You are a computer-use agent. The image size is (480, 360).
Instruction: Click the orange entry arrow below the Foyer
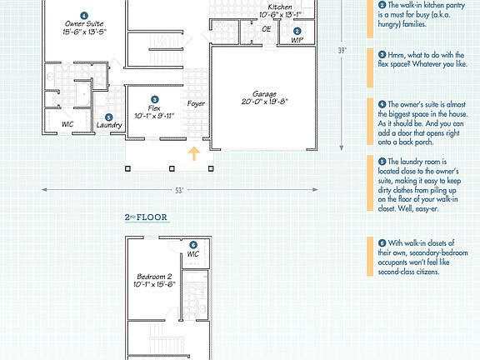(194, 152)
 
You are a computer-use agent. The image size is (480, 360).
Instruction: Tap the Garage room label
(264, 94)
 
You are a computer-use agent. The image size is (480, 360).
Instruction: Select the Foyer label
(196, 104)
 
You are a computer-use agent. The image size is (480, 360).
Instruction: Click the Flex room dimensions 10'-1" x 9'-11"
(153, 116)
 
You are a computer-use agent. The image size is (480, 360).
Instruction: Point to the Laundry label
(109, 125)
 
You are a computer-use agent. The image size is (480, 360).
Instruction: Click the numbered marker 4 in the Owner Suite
(83, 16)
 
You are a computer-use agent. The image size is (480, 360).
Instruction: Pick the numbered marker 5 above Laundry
(108, 117)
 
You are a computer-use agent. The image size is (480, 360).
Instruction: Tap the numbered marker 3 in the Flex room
(153, 98)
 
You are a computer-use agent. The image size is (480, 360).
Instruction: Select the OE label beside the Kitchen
(267, 29)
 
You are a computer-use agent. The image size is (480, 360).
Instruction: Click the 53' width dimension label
(179, 191)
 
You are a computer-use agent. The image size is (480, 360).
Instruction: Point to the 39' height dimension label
(342, 50)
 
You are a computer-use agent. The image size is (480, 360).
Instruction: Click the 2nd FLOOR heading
(146, 218)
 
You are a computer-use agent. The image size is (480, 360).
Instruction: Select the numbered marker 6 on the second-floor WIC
(193, 245)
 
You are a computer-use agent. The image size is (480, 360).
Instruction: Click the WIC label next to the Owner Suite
(67, 125)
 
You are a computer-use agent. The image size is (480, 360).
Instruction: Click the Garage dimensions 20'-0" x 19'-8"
(264, 103)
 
